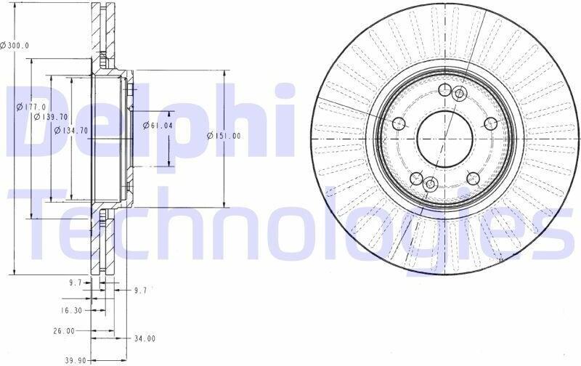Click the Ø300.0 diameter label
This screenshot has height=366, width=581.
15,46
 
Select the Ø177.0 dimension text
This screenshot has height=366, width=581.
31,107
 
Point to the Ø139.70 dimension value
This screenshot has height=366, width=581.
50,117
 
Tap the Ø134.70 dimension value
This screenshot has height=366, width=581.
70,131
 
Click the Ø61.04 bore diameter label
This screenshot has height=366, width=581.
158,126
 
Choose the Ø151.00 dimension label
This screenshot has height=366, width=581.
224,136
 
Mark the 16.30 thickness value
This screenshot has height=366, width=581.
71,310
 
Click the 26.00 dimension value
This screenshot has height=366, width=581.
64,331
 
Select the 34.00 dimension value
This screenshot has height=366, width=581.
145,338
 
